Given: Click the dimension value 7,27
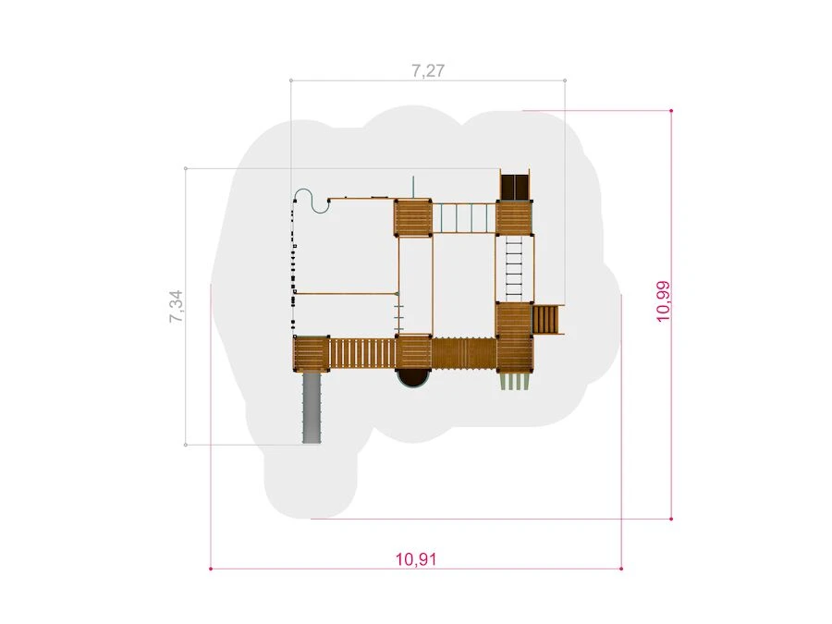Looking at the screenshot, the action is click(428, 70).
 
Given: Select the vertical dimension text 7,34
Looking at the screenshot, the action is click(177, 306).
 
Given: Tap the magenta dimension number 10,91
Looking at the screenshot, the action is click(416, 559).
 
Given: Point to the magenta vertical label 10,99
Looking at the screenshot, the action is click(663, 300).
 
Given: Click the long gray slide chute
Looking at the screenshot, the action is click(311, 408).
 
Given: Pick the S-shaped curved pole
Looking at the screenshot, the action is click(312, 202).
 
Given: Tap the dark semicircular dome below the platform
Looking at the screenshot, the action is click(414, 379).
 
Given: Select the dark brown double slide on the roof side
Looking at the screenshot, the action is click(514, 185).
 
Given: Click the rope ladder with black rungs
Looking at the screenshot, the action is click(514, 267).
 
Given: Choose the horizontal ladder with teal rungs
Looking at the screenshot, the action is click(464, 217).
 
